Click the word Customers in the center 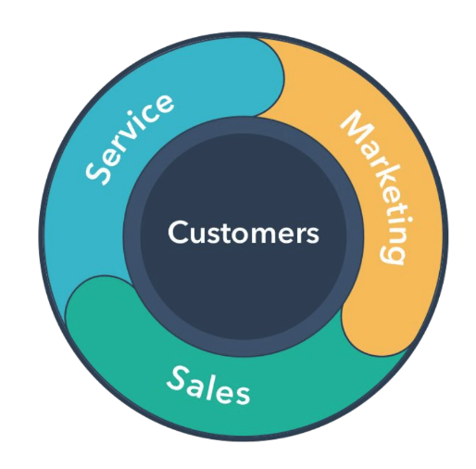click(244, 232)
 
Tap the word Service click(129, 140)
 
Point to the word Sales click(208, 386)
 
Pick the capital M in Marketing click(356, 127)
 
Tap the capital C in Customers click(179, 232)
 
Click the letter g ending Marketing click(392, 254)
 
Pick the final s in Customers click(312, 235)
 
